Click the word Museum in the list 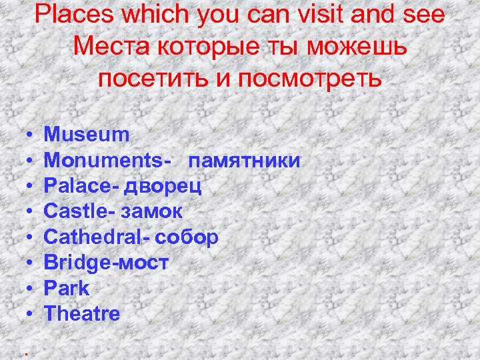(87, 135)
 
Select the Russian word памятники (244, 161)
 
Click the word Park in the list (66, 288)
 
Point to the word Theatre (82, 313)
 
